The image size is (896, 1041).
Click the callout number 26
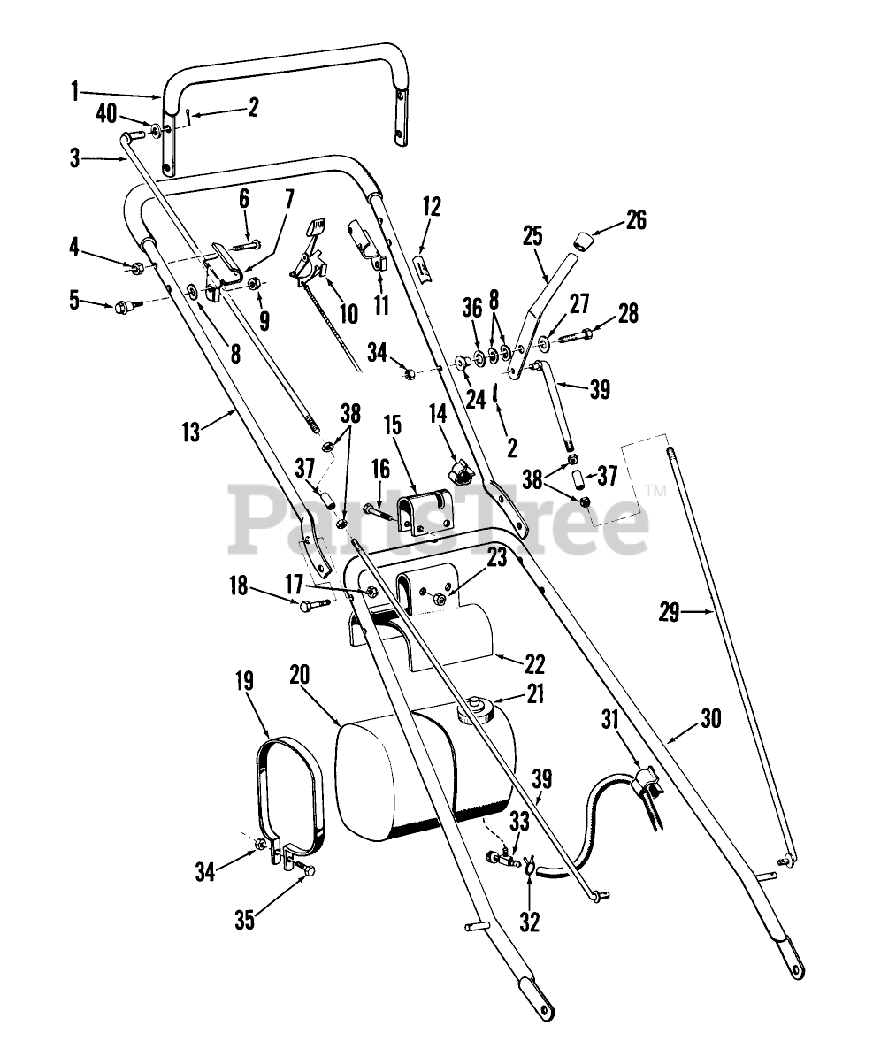pyautogui.click(x=636, y=219)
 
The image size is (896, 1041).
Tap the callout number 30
pyautogui.click(x=710, y=719)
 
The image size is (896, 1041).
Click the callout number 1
pyautogui.click(x=75, y=88)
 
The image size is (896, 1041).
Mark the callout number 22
pyautogui.click(x=534, y=663)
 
